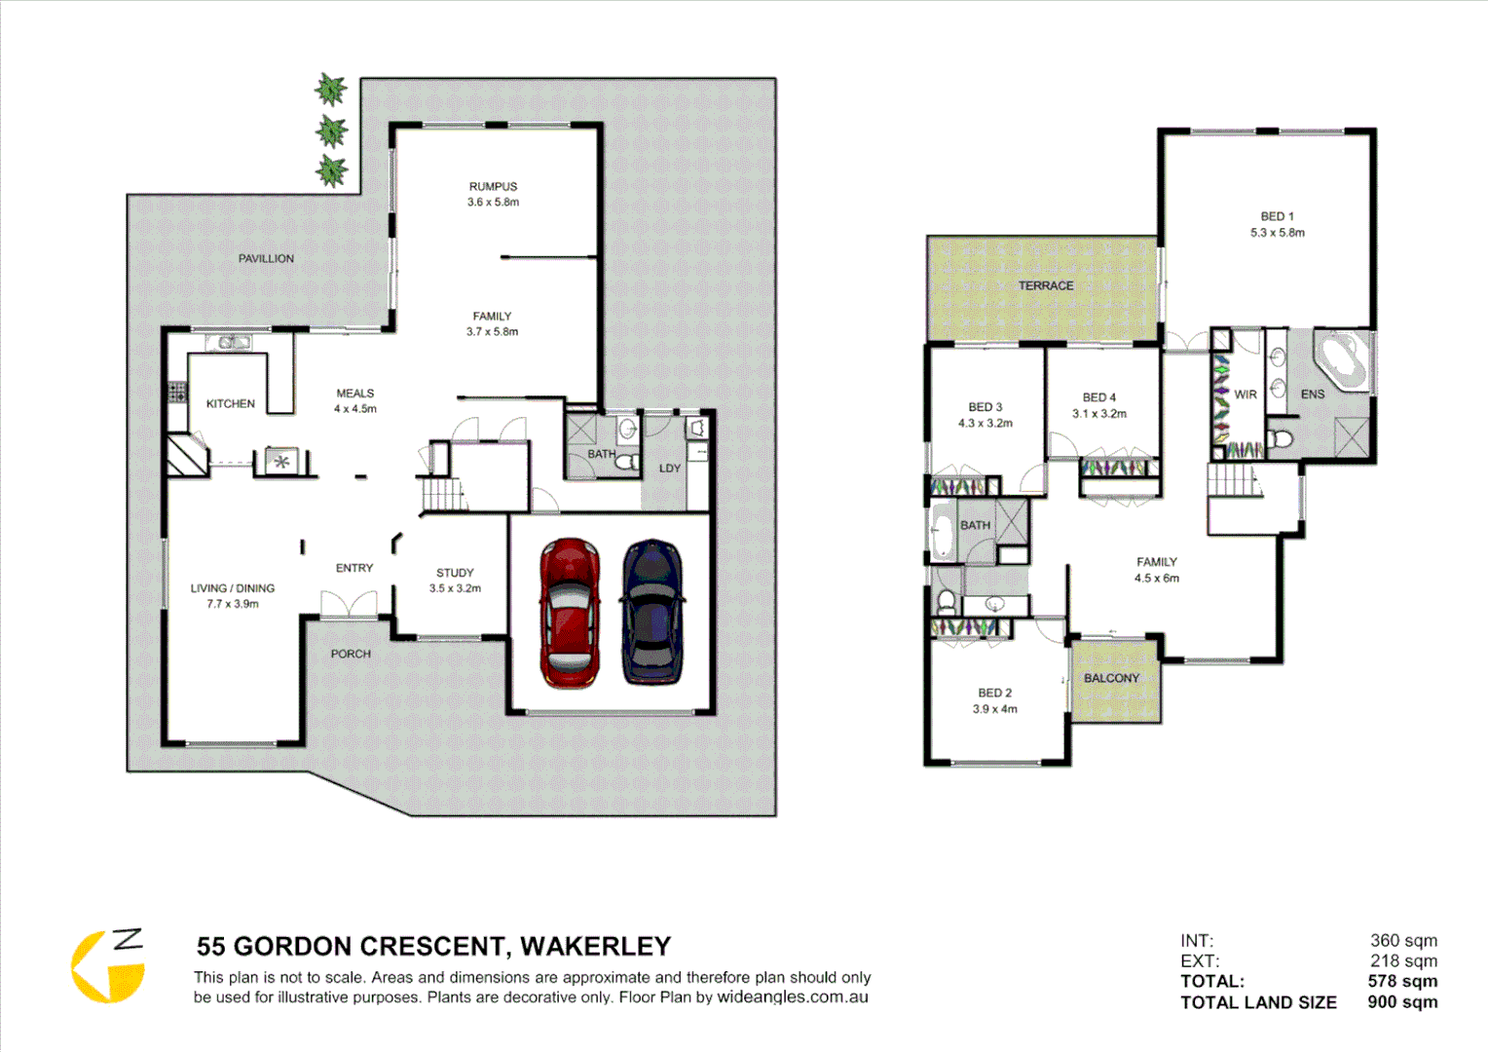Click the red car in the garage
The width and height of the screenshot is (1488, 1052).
coord(570,613)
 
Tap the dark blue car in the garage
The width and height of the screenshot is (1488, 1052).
coord(652,611)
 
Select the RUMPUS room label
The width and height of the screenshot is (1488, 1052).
coord(493,186)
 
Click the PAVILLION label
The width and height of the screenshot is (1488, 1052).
coord(266,258)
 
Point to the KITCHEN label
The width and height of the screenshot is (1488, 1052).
coord(231,403)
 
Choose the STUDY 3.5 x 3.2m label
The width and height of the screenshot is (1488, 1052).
coord(455,581)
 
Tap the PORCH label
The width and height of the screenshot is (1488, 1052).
coord(351,654)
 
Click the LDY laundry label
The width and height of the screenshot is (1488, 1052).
coord(670,469)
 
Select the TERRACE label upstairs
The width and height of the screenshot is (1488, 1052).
coord(1046,285)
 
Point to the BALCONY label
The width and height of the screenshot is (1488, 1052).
coord(1111,678)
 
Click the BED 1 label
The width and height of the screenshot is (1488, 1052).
coord(1277,216)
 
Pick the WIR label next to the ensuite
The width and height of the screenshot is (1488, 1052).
coord(1246,394)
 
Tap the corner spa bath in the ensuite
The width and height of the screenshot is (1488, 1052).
coord(1342,360)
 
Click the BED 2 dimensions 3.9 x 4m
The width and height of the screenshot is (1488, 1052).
coord(994,709)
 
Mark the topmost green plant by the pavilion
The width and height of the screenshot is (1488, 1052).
coord(331,90)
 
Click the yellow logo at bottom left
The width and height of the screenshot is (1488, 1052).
coord(106,966)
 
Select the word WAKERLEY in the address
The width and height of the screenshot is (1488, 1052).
coord(595,946)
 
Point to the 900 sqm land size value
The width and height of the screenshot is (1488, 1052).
coord(1401,1002)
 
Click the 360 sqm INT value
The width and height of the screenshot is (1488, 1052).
coord(1403,940)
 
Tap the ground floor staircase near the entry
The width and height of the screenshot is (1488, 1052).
coord(442,494)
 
